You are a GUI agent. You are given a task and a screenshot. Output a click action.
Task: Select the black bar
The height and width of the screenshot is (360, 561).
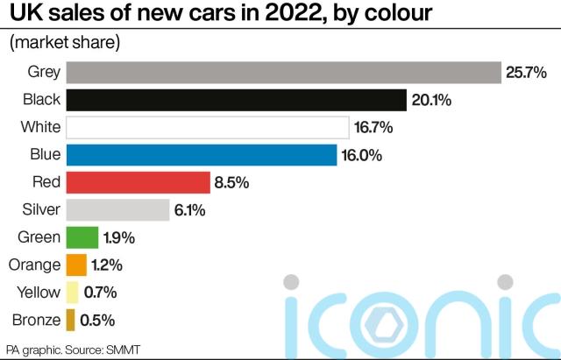[x=237, y=100]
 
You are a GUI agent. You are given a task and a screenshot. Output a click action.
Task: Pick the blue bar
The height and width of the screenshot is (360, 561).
[x=202, y=155]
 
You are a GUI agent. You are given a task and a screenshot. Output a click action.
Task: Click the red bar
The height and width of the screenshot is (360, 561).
[x=138, y=182]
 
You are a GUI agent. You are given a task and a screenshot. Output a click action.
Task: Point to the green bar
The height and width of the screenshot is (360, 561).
[x=82, y=237]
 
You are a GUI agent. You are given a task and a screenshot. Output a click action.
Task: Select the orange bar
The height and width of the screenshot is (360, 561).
[x=77, y=265]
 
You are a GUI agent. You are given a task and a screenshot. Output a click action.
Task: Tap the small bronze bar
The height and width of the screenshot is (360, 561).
[x=71, y=320]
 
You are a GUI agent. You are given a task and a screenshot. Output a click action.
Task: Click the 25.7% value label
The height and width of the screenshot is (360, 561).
[x=527, y=73]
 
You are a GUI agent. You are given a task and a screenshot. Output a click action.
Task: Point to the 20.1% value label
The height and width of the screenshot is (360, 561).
[x=431, y=100]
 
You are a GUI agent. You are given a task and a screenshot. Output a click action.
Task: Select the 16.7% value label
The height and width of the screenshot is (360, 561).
[x=373, y=128]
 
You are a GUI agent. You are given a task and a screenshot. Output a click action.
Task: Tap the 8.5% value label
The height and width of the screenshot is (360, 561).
[x=231, y=182]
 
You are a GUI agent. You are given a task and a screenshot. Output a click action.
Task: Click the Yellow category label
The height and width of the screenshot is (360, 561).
[x=37, y=293]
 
